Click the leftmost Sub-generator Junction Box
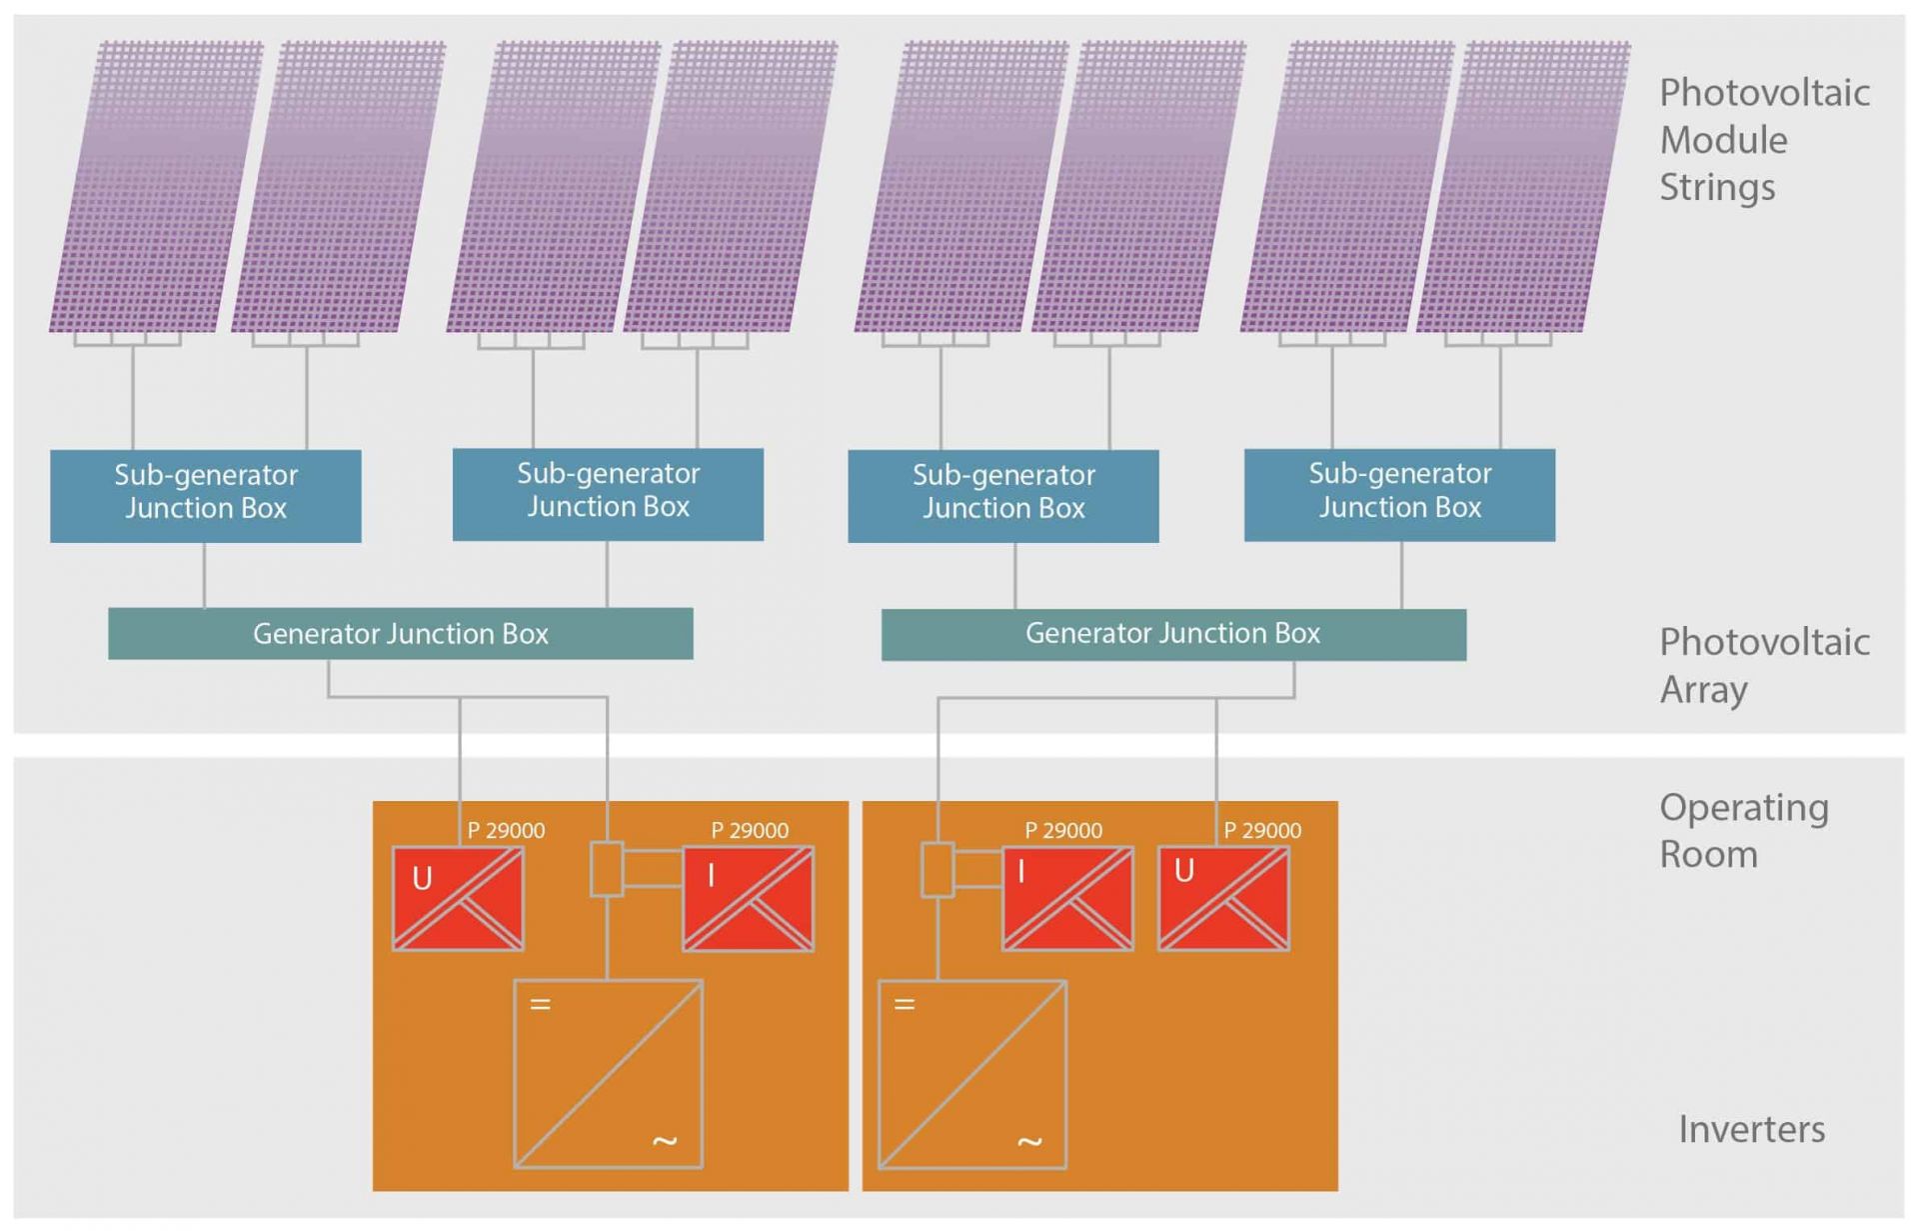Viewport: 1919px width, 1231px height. coord(205,495)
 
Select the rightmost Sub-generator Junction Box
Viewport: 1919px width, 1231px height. coord(1399,494)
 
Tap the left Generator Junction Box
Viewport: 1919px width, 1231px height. coord(400,633)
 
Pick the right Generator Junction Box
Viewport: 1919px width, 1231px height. coord(1173,634)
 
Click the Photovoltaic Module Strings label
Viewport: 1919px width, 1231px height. coord(1763,140)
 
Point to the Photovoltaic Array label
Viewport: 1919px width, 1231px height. coord(1763,665)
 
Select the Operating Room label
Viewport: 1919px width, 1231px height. coord(1743,830)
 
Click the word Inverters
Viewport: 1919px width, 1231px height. coord(1751,1129)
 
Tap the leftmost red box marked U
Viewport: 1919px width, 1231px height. coord(458,898)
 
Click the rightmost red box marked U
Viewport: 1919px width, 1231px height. coord(1223,898)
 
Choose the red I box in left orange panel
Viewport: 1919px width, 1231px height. coord(748,898)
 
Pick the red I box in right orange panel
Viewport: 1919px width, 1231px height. coord(1067,898)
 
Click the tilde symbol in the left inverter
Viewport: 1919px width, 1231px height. coord(665,1140)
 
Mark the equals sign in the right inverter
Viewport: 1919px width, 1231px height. coord(905,1004)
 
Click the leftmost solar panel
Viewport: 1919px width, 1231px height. coord(155,187)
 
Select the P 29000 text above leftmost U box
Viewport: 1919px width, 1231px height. coord(506,830)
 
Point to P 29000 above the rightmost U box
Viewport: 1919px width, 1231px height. coord(1262,830)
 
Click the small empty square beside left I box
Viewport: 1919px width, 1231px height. coord(607,869)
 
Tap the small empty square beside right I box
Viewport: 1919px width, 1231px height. coord(937,869)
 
